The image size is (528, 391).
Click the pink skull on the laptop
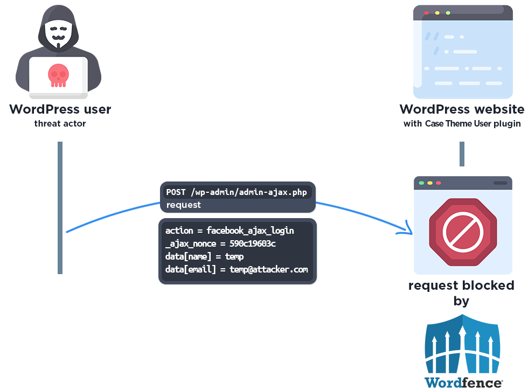point(58,75)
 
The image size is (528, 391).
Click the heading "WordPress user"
point(60,109)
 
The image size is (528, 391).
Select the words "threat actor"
point(60,124)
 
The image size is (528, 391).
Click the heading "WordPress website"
point(462,109)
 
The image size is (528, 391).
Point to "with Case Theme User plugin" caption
point(462,124)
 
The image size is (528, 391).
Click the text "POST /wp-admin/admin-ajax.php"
point(238,192)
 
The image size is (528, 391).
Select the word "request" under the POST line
point(183,205)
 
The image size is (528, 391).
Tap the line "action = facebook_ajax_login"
point(230,231)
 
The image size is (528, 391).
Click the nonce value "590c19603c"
point(253,243)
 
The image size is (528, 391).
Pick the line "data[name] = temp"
point(204,256)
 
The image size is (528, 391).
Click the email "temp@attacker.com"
point(269,269)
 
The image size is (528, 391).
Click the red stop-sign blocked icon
point(462,232)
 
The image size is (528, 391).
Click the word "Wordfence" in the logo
point(463,382)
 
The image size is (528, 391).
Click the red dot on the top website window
point(427,12)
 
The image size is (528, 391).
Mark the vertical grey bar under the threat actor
point(60,207)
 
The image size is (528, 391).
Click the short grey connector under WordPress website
point(462,154)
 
